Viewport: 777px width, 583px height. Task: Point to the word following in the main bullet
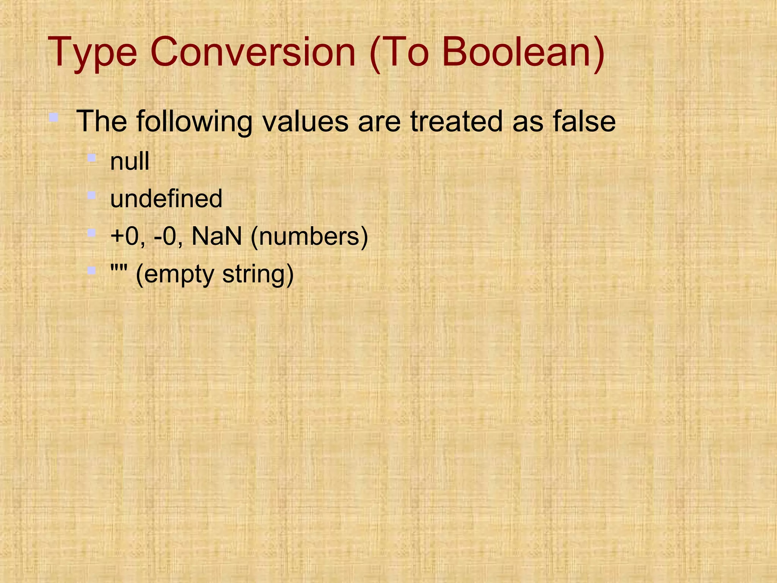click(x=194, y=121)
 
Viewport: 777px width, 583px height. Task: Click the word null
click(x=130, y=161)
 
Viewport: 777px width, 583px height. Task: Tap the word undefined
click(x=166, y=199)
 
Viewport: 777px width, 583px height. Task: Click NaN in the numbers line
click(x=217, y=236)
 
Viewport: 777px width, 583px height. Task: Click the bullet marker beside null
click(x=91, y=158)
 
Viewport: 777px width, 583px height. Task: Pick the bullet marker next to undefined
click(x=91, y=195)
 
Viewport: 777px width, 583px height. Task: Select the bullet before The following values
click(x=53, y=117)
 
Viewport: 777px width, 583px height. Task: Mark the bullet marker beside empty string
click(x=91, y=271)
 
